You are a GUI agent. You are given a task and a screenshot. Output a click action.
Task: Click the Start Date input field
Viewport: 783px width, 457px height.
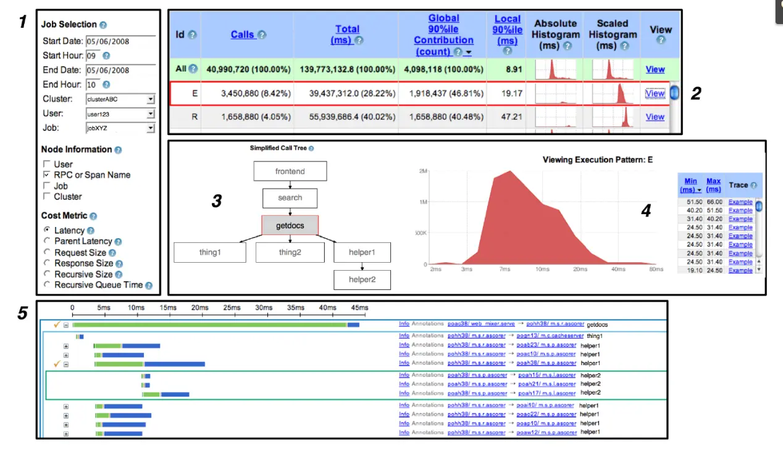[120, 41]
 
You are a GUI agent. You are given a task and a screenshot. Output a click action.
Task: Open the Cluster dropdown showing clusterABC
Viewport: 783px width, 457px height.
[120, 99]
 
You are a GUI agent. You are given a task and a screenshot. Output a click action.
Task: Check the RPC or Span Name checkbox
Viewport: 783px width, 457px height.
[46, 175]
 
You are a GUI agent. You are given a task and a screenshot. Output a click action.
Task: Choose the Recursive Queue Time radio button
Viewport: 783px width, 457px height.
[46, 285]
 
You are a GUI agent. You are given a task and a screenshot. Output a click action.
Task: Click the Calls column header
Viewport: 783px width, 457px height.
[243, 35]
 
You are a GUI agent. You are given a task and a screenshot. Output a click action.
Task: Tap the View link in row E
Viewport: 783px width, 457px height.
[655, 94]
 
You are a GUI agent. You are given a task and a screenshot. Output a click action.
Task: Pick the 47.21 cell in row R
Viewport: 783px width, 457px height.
[508, 117]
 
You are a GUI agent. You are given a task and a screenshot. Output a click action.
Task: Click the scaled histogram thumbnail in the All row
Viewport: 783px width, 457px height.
[613, 69]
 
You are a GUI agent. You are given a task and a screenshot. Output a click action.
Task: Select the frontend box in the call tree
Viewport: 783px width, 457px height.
[290, 171]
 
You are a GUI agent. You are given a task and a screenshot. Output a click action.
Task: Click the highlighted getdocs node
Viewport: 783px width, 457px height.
[290, 226]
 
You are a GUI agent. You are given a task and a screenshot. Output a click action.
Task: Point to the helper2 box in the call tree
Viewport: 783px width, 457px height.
[362, 279]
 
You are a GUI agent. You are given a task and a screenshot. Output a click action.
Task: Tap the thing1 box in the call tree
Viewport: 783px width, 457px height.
[209, 252]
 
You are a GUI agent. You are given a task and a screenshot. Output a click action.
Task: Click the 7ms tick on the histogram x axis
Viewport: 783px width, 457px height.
[505, 270]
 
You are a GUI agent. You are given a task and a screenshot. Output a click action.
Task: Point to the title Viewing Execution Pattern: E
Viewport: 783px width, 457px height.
[597, 160]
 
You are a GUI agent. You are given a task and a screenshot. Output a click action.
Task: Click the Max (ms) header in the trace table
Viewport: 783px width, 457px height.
[713, 185]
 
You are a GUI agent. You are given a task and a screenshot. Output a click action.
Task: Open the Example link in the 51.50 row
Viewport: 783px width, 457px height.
[740, 202]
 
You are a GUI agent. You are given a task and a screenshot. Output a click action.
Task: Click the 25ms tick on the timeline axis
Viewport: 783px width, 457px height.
[232, 308]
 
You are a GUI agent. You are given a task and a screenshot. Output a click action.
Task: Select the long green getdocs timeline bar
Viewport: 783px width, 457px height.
[210, 325]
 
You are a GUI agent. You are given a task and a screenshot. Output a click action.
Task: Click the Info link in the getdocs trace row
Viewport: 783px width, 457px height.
[404, 324]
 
